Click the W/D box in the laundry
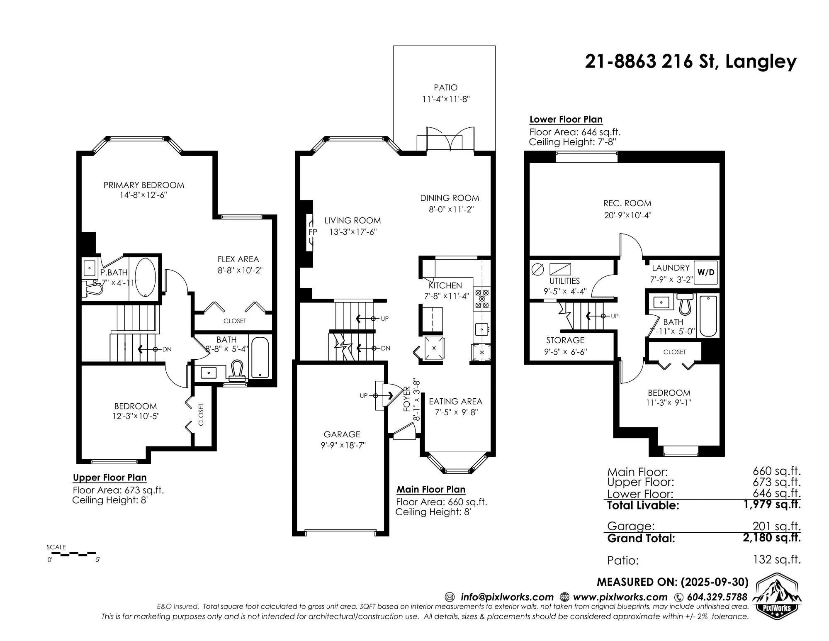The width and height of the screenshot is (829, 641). (706, 272)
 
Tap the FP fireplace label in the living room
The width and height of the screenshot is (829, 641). (313, 232)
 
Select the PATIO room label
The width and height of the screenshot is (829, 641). (446, 88)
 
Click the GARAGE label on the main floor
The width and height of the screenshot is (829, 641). (342, 434)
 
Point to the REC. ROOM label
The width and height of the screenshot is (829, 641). (627, 203)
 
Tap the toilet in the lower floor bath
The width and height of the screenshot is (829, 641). (685, 304)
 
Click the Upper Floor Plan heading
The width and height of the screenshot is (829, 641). (109, 478)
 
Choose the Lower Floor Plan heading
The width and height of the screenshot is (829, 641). (566, 119)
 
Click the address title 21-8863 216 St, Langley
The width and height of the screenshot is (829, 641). (690, 61)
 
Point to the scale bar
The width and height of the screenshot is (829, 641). (73, 553)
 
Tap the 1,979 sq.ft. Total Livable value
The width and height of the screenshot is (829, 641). (772, 505)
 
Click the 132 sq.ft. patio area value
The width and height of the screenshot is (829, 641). (777, 560)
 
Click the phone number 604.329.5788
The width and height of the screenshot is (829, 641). (717, 597)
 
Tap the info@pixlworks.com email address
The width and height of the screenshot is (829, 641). (507, 597)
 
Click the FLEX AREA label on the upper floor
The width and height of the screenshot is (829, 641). (238, 259)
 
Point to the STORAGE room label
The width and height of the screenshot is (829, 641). (565, 340)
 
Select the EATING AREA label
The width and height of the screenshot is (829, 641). (455, 402)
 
